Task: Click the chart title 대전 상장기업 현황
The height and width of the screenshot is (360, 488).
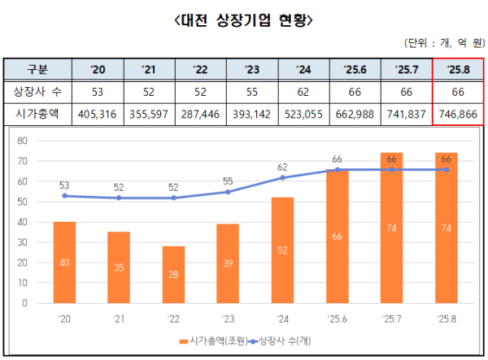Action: (243, 19)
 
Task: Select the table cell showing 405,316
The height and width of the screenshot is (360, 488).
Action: (98, 115)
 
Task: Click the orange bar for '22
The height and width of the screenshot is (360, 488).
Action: (173, 275)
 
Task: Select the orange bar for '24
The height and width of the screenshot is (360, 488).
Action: (281, 250)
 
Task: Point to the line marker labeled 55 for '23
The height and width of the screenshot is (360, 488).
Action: (228, 192)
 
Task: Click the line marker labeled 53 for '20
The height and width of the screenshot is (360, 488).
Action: (65, 196)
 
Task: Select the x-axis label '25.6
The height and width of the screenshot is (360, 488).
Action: (337, 317)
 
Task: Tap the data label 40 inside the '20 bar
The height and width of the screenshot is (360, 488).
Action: (65, 262)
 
